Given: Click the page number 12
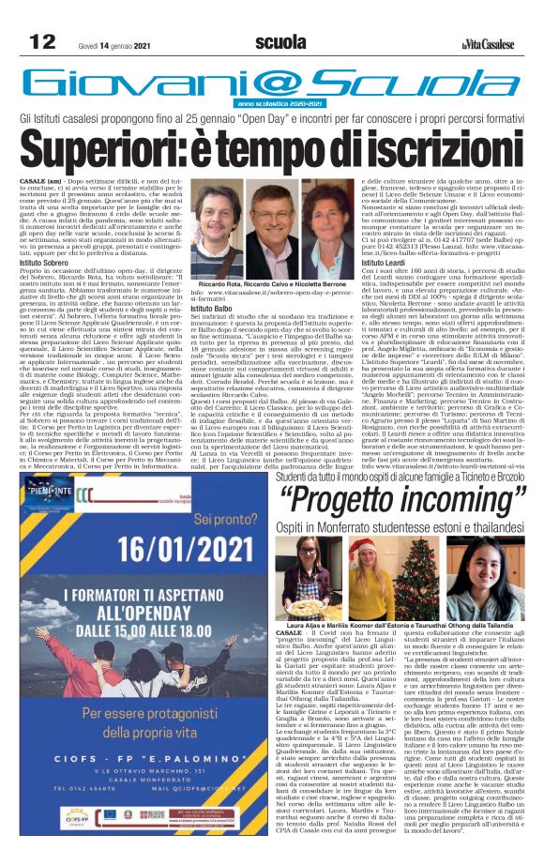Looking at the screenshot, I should point(41,41).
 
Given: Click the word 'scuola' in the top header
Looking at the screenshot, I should point(280,41).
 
